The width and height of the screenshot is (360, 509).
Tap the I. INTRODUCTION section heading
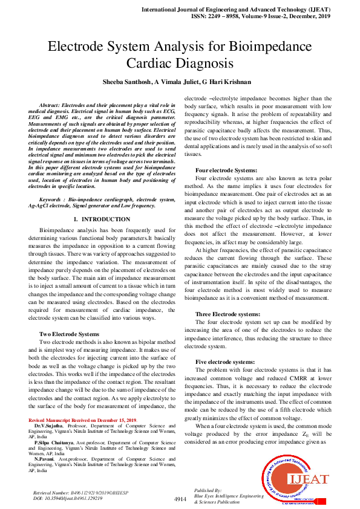click(100, 219)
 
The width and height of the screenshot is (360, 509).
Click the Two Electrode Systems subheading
click(69, 334)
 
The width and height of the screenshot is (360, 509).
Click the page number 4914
click(180, 499)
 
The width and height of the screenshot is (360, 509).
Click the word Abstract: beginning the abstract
click(53, 105)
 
